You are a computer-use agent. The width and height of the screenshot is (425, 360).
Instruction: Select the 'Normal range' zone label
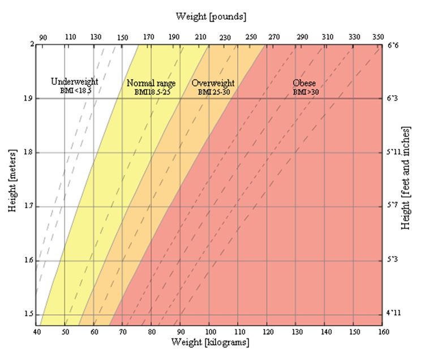151,83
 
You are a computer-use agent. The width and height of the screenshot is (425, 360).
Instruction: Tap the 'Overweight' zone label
213,83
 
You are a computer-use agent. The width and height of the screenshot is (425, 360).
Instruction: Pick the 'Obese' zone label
304,83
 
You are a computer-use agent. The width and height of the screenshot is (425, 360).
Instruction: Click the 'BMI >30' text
305,91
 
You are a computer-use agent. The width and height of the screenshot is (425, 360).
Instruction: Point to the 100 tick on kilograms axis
209,332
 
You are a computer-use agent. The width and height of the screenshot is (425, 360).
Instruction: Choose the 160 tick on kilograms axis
383,332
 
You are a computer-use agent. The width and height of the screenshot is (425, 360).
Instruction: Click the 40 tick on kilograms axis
37,332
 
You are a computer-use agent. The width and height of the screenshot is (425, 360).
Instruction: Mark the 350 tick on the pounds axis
379,37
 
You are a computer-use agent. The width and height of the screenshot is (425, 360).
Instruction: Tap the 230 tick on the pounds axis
225,37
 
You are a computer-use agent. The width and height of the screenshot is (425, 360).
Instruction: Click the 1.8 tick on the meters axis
27,152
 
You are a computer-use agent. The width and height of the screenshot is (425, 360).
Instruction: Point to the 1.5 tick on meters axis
27,314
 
